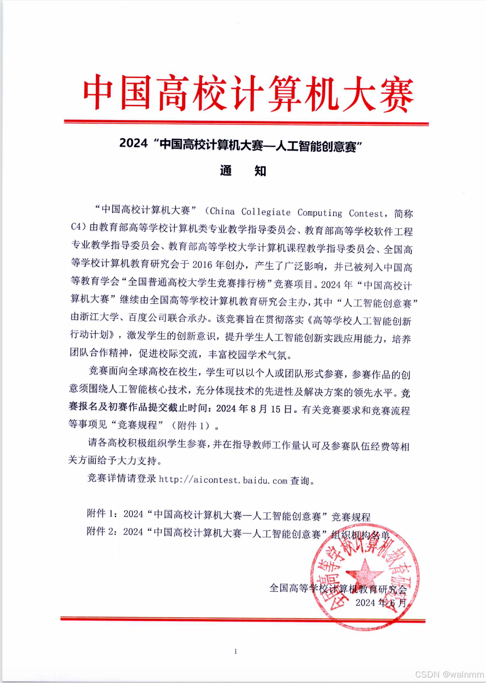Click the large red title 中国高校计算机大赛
pos(247,93)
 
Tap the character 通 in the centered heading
pos(226,171)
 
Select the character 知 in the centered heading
pos(260,171)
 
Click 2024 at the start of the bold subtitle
pos(133,143)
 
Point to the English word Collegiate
pos(266,212)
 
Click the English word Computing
pos(320,213)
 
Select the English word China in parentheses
pos(222,212)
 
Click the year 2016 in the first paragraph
pos(203,265)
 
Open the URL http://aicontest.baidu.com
pos(223,480)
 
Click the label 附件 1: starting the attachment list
pos(102,514)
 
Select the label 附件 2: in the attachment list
pos(102,531)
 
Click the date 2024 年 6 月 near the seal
pos(381,603)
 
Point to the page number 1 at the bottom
pos(236,652)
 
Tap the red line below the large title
pos(246,123)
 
